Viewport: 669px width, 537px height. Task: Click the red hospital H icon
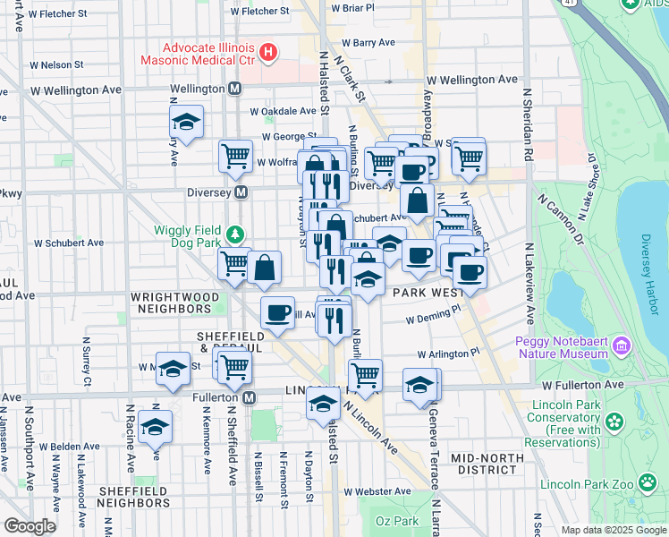pos(268,52)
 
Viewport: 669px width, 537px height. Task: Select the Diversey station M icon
pos(241,192)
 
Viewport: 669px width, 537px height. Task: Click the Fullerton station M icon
pos(250,396)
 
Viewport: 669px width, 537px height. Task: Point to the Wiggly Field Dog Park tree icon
pos(235,234)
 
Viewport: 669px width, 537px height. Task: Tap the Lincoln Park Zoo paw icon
pos(648,483)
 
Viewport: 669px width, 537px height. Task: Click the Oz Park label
pos(396,521)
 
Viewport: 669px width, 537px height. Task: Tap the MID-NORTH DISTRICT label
pos(486,464)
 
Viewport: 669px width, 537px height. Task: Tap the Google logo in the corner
pos(30,526)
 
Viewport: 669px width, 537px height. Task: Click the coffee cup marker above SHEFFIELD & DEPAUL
pos(277,312)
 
